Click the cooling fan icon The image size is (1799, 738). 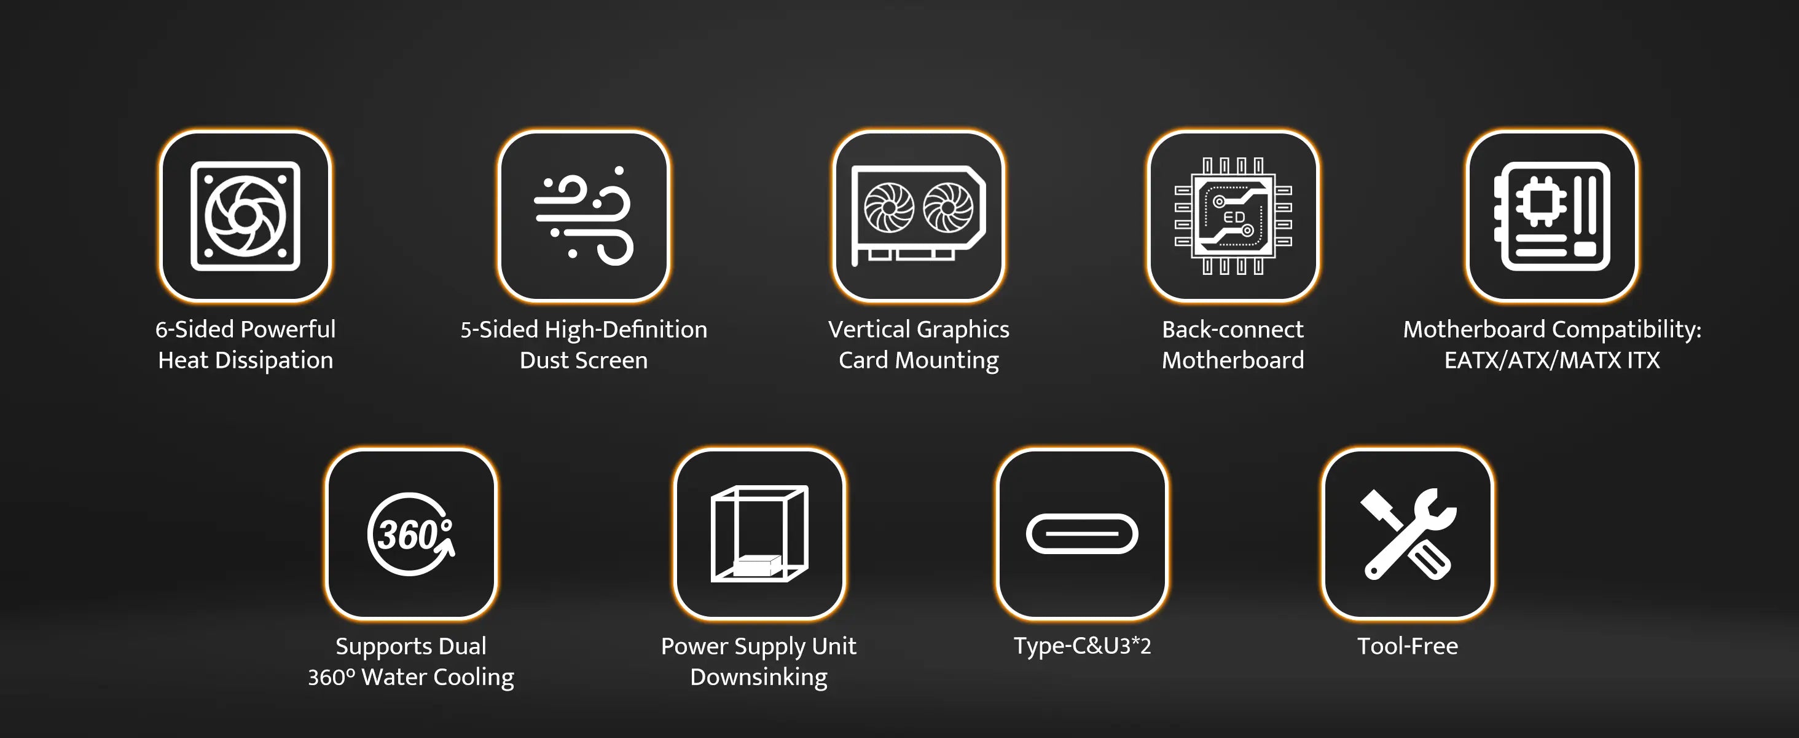tap(245, 216)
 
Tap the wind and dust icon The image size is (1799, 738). tap(584, 216)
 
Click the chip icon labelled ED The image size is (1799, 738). tap(1233, 216)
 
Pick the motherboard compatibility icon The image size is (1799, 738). tap(1552, 216)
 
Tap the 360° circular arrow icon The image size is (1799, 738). tap(410, 534)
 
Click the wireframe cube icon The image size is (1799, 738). tap(759, 534)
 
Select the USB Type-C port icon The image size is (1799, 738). tap(1082, 534)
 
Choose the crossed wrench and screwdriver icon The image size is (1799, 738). tap(1407, 534)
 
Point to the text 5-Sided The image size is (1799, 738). tap(499, 329)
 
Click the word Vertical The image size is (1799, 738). tap(869, 329)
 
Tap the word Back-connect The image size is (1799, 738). tap(1233, 329)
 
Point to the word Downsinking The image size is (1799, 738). tap(758, 678)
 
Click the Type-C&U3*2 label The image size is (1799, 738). tap(1082, 646)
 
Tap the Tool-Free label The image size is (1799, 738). tap(1407, 646)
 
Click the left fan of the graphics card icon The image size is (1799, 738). tap(888, 208)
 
